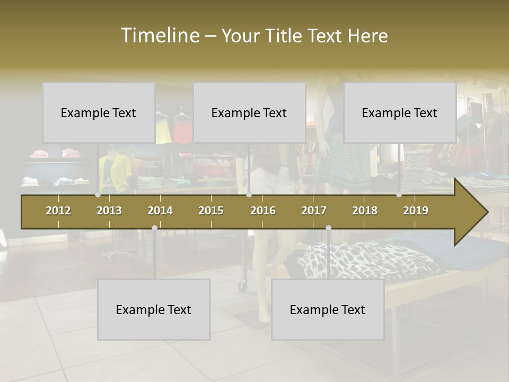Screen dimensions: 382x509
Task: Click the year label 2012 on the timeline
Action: point(58,211)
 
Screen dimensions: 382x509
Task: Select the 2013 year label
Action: point(109,211)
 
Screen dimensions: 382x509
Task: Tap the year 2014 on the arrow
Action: point(160,211)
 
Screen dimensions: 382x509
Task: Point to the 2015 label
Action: point(211,211)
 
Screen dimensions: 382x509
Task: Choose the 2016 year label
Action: point(263,211)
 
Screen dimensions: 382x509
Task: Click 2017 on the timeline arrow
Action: point(314,211)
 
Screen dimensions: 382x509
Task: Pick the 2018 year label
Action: point(365,211)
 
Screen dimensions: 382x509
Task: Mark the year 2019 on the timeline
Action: point(416,211)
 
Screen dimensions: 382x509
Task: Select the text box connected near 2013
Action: point(99,112)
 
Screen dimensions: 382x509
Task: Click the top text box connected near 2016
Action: point(249,112)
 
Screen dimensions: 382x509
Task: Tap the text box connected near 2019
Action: point(400,112)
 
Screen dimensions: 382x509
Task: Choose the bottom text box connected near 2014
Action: point(154,309)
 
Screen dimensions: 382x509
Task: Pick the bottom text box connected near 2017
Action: point(328,309)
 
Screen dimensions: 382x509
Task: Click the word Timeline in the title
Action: point(159,36)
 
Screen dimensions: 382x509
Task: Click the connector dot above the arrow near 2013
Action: point(98,195)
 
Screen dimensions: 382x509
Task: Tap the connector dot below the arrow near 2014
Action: point(154,228)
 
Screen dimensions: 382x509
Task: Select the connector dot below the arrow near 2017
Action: point(328,228)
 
